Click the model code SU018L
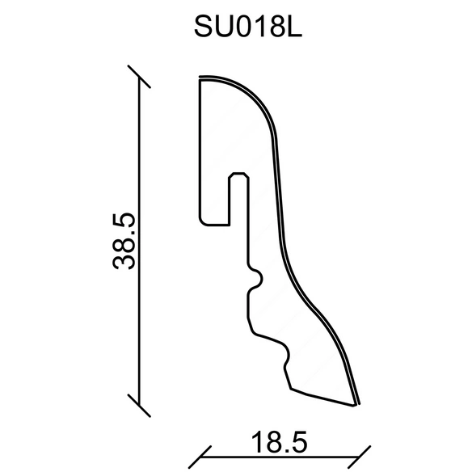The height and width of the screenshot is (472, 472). tap(248, 26)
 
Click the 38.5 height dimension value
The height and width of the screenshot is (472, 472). tap(124, 241)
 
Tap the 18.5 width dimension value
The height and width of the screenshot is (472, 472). tap(279, 442)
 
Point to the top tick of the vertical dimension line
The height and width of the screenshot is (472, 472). tap(139, 77)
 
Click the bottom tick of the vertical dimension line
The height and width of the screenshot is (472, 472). tap(139, 405)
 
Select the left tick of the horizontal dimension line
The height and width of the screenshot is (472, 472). tap(200, 457)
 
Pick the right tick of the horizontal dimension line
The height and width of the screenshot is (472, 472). tap(359, 457)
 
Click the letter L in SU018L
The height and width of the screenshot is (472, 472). tap(295, 27)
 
